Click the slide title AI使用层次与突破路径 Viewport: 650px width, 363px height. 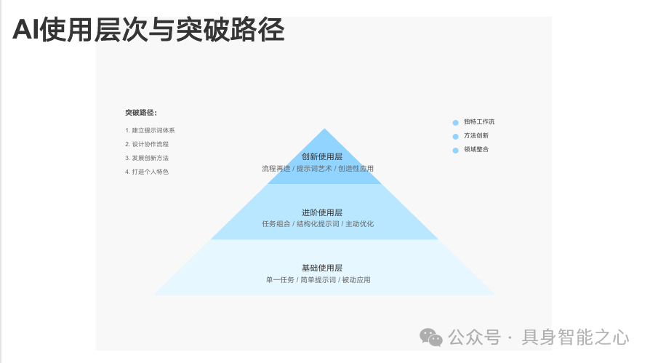(x=148, y=31)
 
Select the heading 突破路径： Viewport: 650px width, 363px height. (x=141, y=113)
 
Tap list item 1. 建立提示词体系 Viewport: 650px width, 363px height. (x=150, y=130)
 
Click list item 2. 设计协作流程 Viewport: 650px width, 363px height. (x=147, y=144)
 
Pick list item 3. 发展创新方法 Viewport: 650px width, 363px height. (x=147, y=158)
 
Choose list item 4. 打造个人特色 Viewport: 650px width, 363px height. (x=147, y=172)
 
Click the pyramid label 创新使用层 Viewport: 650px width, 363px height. (x=322, y=157)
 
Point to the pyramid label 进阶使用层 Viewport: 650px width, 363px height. (x=322, y=212)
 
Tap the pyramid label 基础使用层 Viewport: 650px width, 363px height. (x=322, y=268)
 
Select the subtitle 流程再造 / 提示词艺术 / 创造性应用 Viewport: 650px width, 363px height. (x=318, y=169)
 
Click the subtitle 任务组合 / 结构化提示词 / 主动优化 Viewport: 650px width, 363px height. (x=318, y=224)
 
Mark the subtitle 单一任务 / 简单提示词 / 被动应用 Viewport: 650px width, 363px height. (x=318, y=280)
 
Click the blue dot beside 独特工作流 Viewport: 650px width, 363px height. (x=456, y=123)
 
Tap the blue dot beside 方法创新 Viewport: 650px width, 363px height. (x=456, y=137)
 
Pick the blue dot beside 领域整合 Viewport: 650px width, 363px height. (x=456, y=151)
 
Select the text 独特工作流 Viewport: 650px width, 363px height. (x=479, y=122)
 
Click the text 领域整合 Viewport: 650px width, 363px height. (x=476, y=150)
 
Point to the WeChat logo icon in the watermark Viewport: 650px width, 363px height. (x=431, y=338)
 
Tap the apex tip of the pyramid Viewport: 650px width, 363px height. (x=324, y=129)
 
